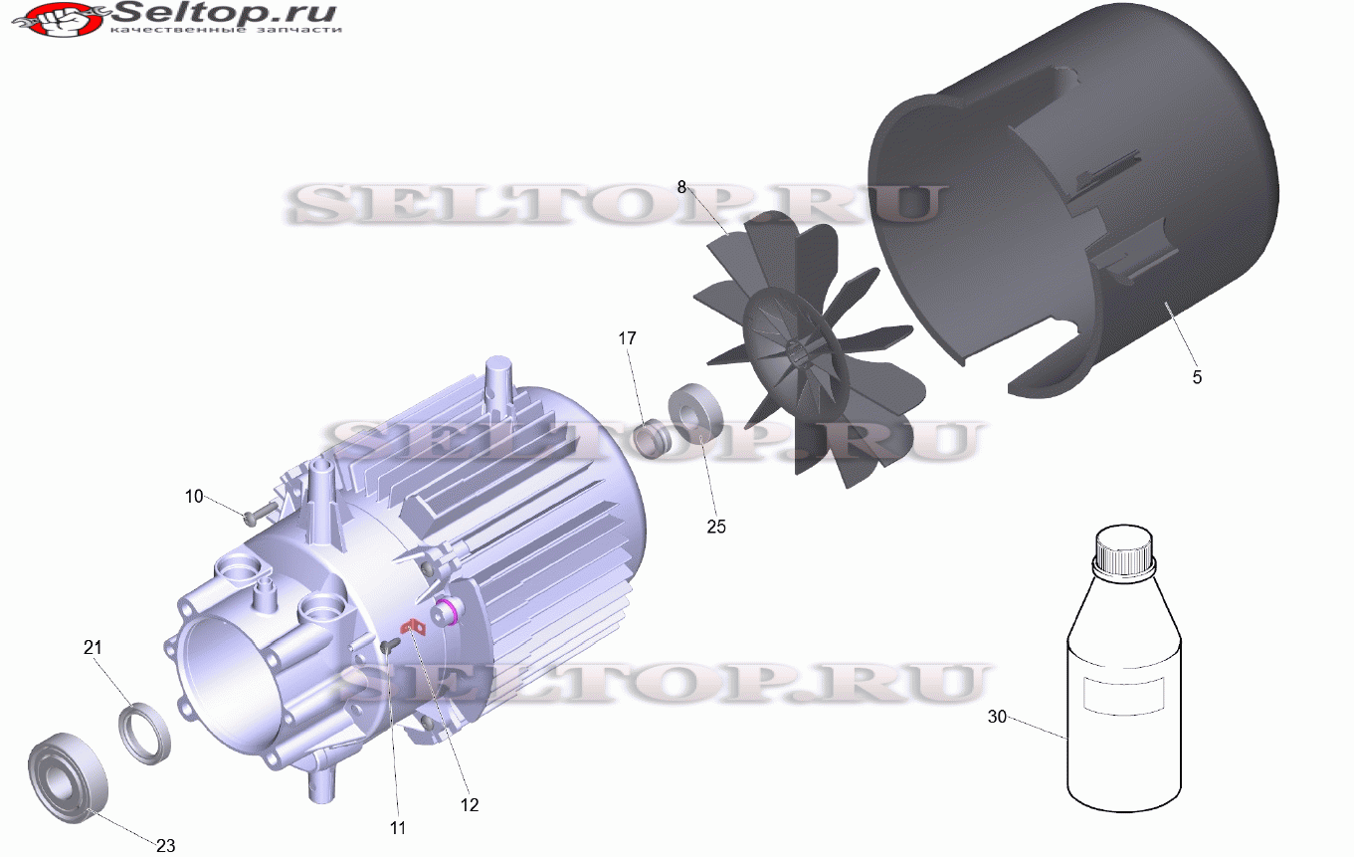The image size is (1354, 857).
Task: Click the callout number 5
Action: coord(1197,377)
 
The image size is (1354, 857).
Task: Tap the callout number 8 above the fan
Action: coord(681,187)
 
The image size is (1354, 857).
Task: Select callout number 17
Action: coord(628,338)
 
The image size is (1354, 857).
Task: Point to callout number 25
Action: coord(716,527)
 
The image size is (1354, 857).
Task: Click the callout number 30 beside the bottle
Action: coord(998,717)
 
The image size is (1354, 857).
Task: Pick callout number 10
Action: coord(194,497)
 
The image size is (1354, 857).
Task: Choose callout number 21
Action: coord(93,648)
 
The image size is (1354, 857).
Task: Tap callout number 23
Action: coord(165,845)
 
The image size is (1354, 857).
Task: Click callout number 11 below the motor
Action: coord(398,828)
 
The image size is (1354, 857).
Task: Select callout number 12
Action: coord(470,805)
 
